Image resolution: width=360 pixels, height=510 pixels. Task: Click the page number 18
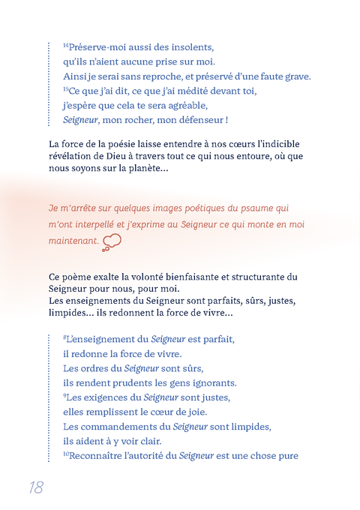pos(35,487)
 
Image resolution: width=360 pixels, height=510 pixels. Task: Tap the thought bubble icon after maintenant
pos(112,241)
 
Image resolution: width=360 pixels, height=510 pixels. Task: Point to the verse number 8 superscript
pos(65,337)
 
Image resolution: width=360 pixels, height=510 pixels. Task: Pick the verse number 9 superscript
pos(65,394)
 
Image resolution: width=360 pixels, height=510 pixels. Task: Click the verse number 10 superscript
pos(66,453)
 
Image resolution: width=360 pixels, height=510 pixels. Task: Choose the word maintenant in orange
pos(73,241)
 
